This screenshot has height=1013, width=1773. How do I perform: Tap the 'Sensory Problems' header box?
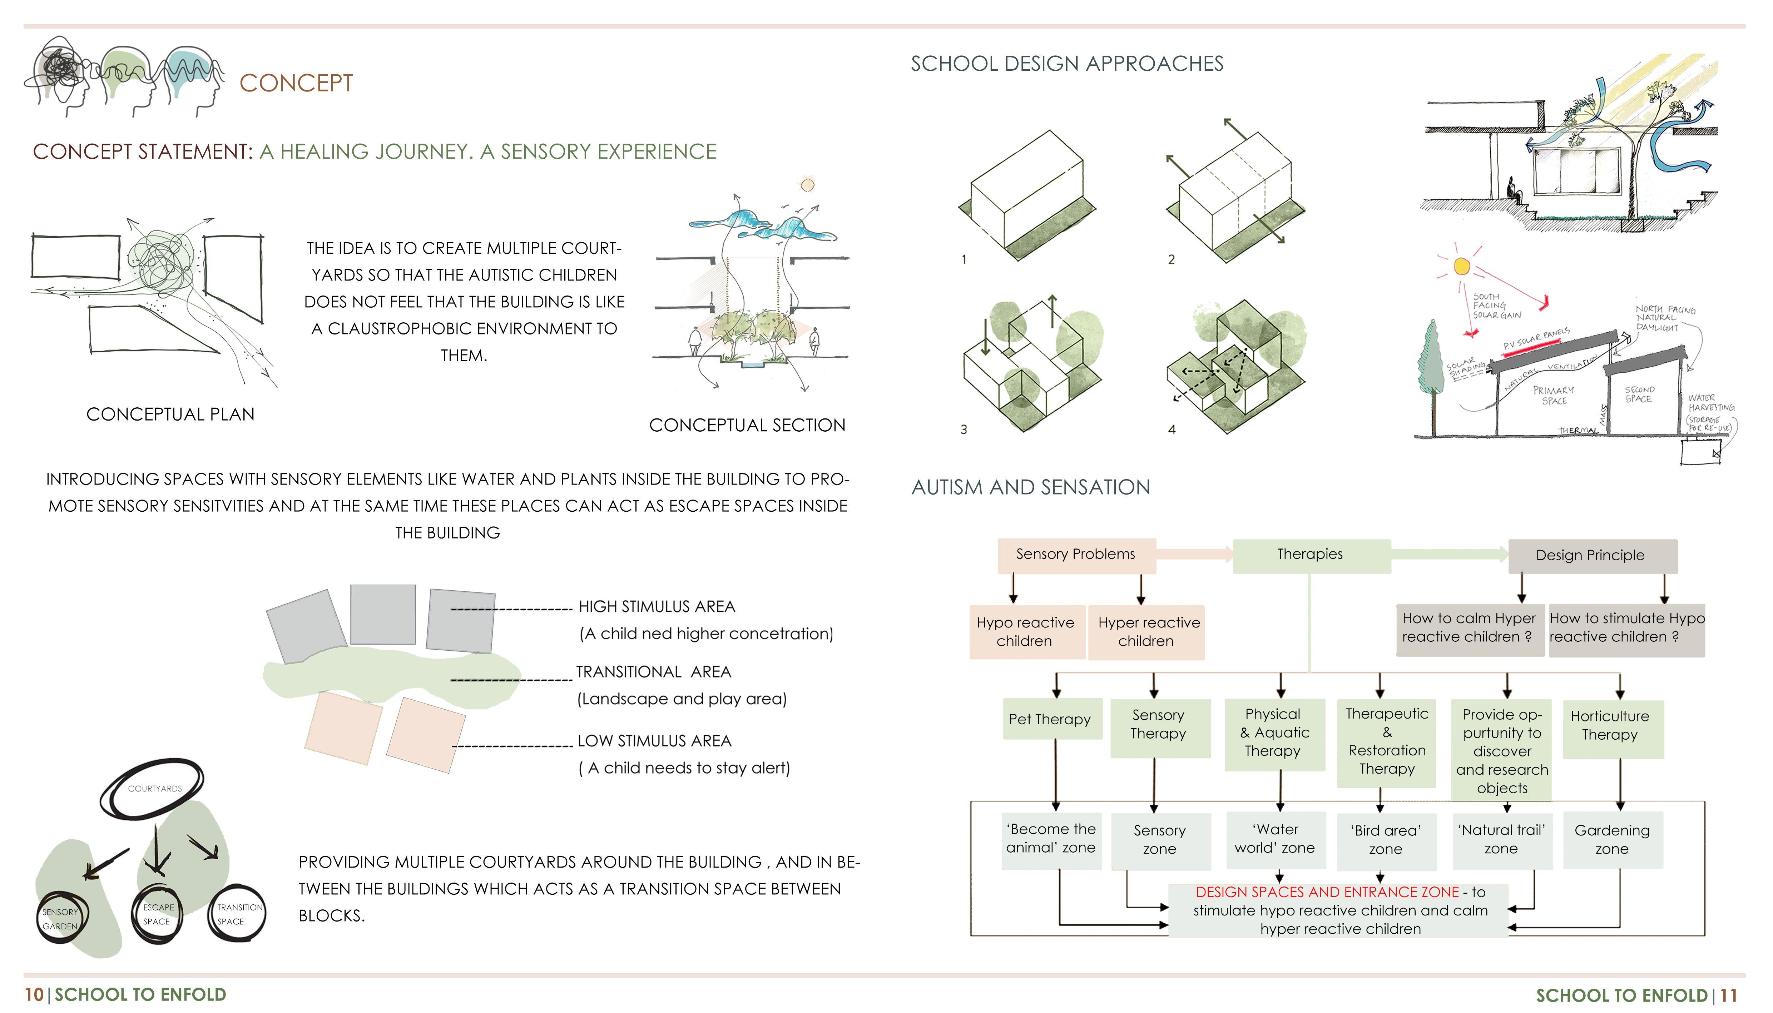(1076, 555)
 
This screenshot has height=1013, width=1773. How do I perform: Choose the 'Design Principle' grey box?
(1591, 555)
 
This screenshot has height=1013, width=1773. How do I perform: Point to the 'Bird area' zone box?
(1386, 840)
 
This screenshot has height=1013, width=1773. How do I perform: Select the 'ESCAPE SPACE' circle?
(158, 915)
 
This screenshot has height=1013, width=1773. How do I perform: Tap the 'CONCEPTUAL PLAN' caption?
(170, 414)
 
